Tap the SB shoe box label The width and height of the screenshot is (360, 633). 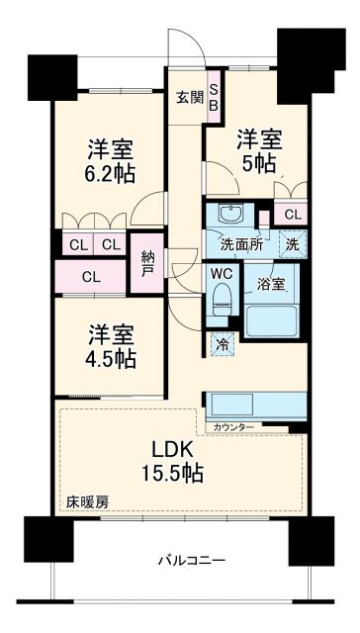pos(212,99)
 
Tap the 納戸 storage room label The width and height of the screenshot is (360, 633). pos(145,262)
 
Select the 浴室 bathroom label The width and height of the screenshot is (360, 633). pos(270,284)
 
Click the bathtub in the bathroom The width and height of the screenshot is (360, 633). pos(274,321)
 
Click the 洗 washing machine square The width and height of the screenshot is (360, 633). pos(294,243)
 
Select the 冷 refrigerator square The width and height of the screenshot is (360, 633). pos(223,345)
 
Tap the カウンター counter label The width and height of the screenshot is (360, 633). pos(232,426)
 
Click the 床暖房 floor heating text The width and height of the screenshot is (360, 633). pos(88,501)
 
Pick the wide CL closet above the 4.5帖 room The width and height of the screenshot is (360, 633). pos(91,277)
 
